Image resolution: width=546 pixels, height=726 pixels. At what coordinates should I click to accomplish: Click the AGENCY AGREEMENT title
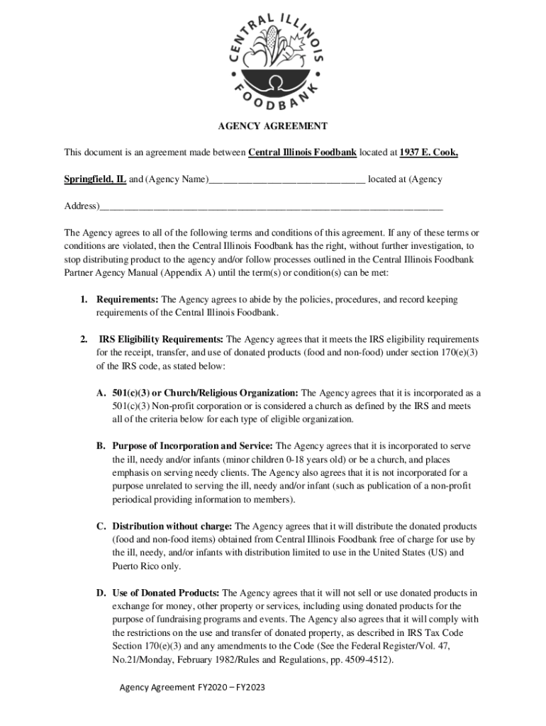(x=272, y=126)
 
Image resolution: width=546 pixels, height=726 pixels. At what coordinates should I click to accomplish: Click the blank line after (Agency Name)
(x=286, y=180)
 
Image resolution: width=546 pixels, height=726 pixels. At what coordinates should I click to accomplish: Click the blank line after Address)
(x=270, y=207)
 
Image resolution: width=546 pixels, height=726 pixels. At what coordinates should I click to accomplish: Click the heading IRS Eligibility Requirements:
(x=161, y=340)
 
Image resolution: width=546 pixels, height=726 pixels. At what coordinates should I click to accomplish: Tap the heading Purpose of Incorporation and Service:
(x=192, y=446)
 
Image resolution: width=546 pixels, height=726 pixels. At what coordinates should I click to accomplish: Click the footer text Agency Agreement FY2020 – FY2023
(x=191, y=688)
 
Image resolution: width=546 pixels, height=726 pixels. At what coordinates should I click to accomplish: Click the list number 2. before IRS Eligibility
(x=84, y=340)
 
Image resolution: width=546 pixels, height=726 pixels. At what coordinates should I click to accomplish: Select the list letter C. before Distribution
(x=101, y=527)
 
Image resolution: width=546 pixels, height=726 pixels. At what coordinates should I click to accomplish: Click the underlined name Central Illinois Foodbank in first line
(x=302, y=152)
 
